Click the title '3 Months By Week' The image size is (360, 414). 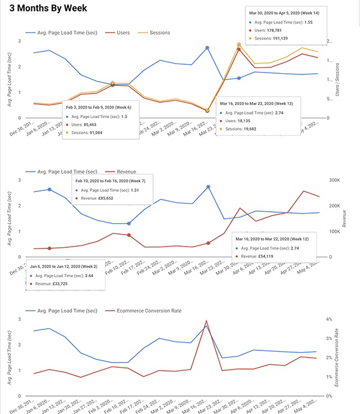[44, 8]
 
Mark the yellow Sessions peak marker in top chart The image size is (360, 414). [239, 44]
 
